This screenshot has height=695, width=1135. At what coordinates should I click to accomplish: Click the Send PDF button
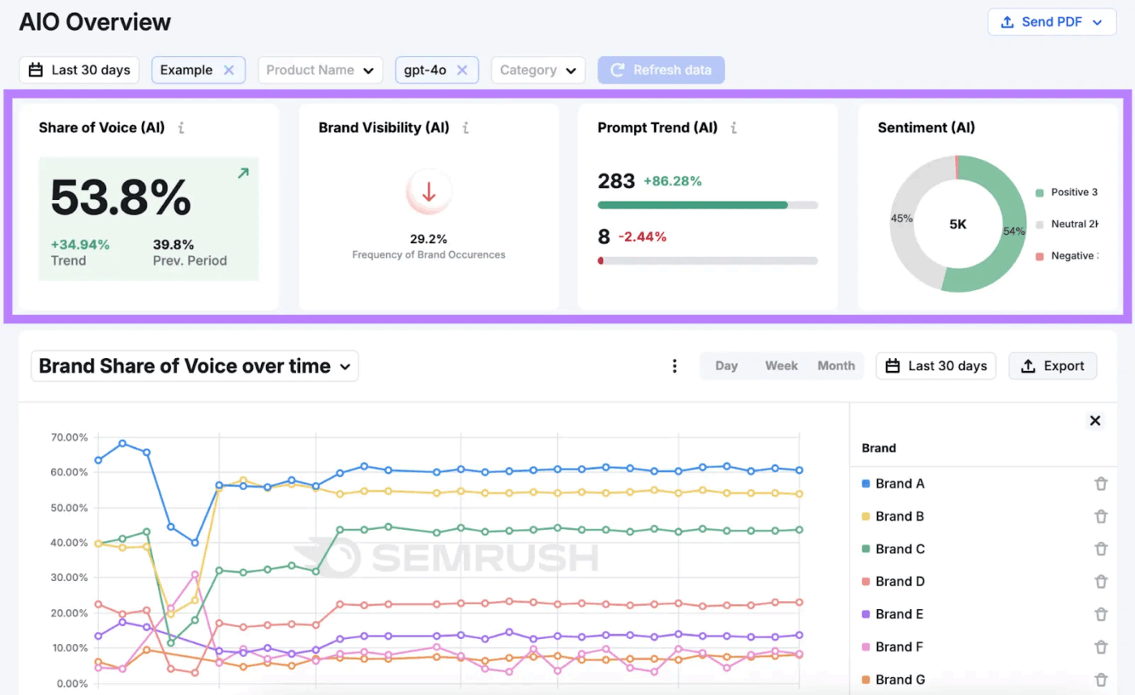[1051, 22]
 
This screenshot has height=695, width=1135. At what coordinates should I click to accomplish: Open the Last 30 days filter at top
[79, 70]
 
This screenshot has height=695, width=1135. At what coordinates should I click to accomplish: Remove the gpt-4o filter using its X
[462, 70]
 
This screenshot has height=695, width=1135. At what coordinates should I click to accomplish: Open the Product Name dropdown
[320, 70]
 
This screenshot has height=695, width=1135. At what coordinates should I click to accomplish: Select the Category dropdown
[538, 70]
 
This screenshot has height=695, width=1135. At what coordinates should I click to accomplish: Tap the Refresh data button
[661, 70]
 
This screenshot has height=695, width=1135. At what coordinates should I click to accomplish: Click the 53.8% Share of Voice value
[121, 197]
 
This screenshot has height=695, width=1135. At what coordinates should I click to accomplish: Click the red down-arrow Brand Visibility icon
[429, 192]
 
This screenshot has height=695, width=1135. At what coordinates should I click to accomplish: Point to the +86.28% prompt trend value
[672, 181]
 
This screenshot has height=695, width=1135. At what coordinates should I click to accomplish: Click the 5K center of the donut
[957, 224]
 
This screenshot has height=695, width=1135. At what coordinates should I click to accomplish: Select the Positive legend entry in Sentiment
[1068, 193]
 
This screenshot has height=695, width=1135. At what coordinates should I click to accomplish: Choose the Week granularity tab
[782, 366]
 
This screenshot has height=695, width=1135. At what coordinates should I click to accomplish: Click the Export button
[1052, 366]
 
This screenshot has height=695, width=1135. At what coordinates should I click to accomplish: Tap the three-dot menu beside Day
[675, 366]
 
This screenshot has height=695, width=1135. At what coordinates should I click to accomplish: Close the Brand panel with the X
[1094, 420]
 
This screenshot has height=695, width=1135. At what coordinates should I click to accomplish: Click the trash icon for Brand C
[1100, 549]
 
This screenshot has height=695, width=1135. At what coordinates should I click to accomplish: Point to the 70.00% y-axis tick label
[68, 437]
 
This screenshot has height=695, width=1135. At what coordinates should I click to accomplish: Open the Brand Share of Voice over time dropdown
[195, 366]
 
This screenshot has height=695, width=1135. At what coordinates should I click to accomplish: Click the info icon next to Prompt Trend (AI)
[733, 128]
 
